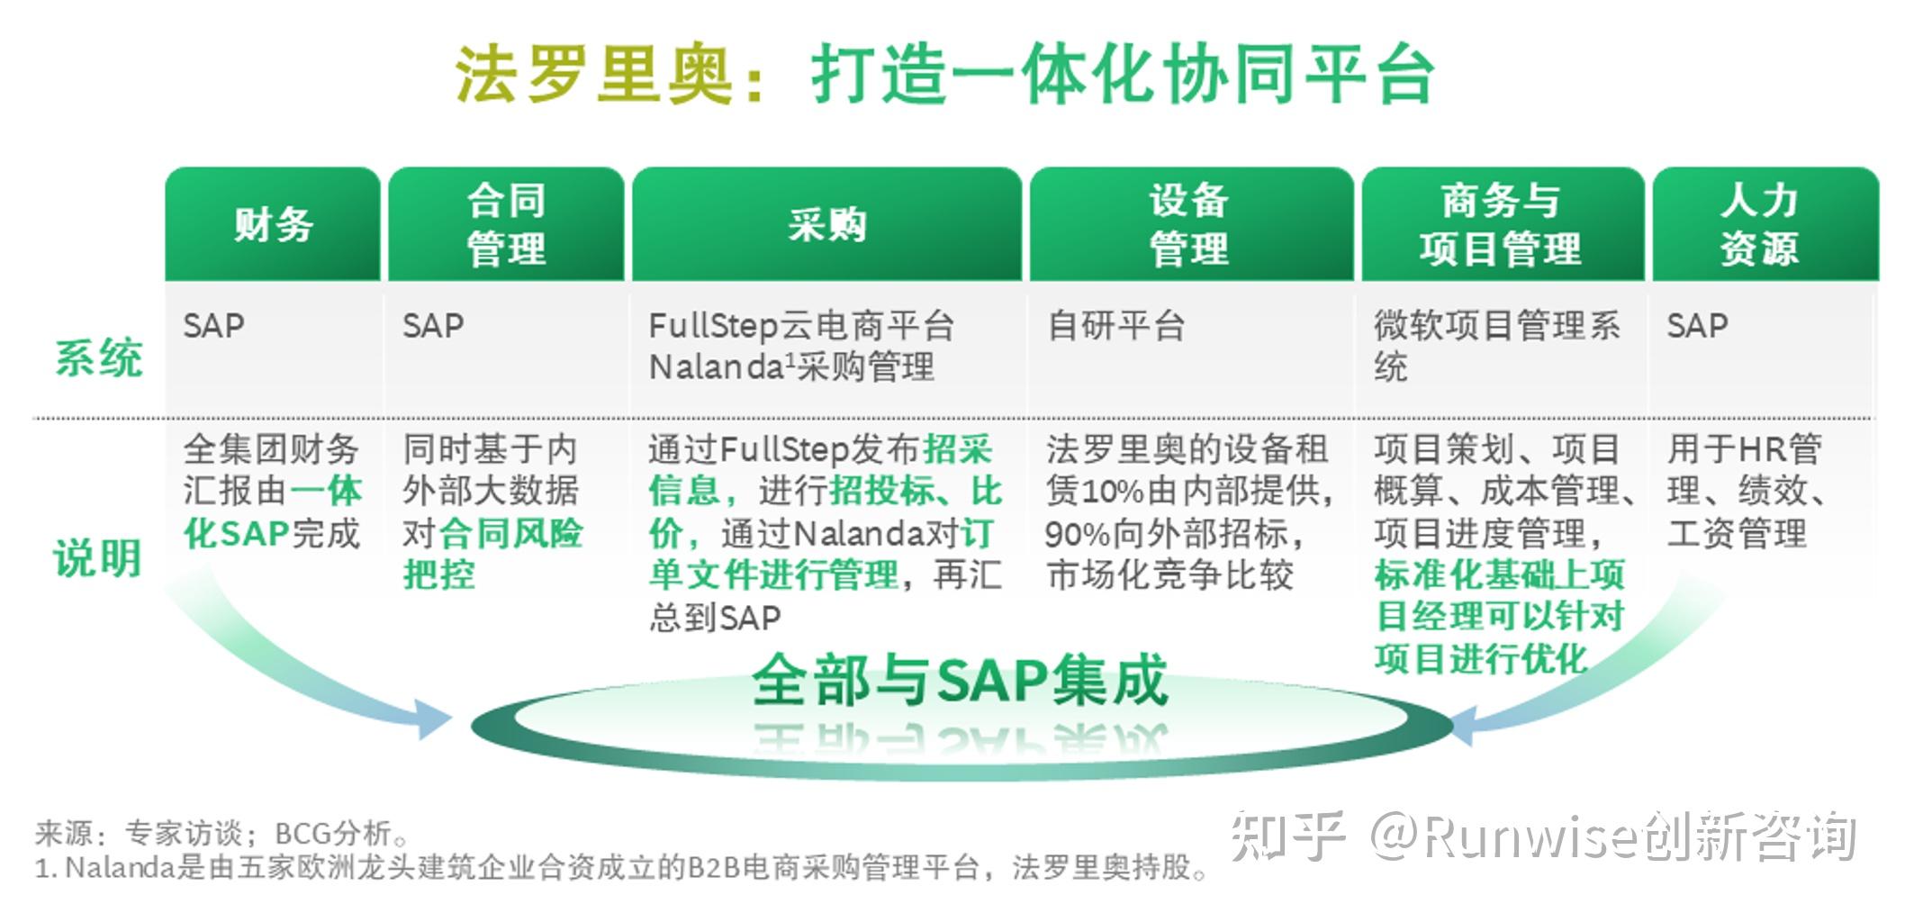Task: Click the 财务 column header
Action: pyautogui.click(x=273, y=224)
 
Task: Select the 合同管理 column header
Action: pyautogui.click(x=506, y=224)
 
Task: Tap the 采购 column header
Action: pyautogui.click(x=826, y=224)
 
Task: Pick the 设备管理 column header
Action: pyautogui.click(x=1189, y=224)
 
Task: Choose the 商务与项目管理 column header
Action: pyautogui.click(x=1500, y=224)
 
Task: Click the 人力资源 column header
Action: pyautogui.click(x=1760, y=224)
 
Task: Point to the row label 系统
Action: pyautogui.click(x=98, y=357)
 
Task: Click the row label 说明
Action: pyautogui.click(x=98, y=557)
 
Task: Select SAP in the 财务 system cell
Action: pyautogui.click(x=213, y=325)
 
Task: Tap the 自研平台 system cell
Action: pyautogui.click(x=1116, y=325)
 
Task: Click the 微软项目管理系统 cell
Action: pyautogui.click(x=1495, y=345)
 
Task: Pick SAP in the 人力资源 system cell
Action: pyautogui.click(x=1697, y=325)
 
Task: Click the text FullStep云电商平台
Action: pyautogui.click(x=801, y=325)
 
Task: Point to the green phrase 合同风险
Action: pyautogui.click(x=510, y=533)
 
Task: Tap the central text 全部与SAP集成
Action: pyautogui.click(x=960, y=680)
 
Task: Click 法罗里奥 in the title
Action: pyautogui.click(x=595, y=74)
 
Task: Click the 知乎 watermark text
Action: pyautogui.click(x=1287, y=836)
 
